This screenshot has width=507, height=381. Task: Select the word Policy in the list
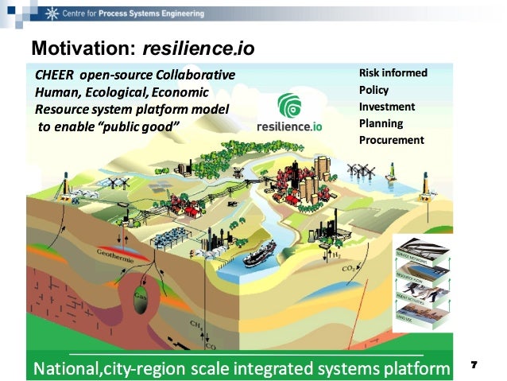pos(374,90)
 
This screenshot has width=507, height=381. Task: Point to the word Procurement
pos(391,140)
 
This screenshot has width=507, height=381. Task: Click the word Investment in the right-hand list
pos(387,107)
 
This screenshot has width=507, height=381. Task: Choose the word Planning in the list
pos(381,123)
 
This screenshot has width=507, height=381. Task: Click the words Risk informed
pos(393,73)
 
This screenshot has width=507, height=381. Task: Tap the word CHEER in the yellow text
pos(54,75)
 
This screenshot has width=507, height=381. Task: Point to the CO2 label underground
pos(348,269)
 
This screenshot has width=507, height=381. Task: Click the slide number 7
pos(474,364)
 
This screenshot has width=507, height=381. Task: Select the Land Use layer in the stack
pos(420,318)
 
